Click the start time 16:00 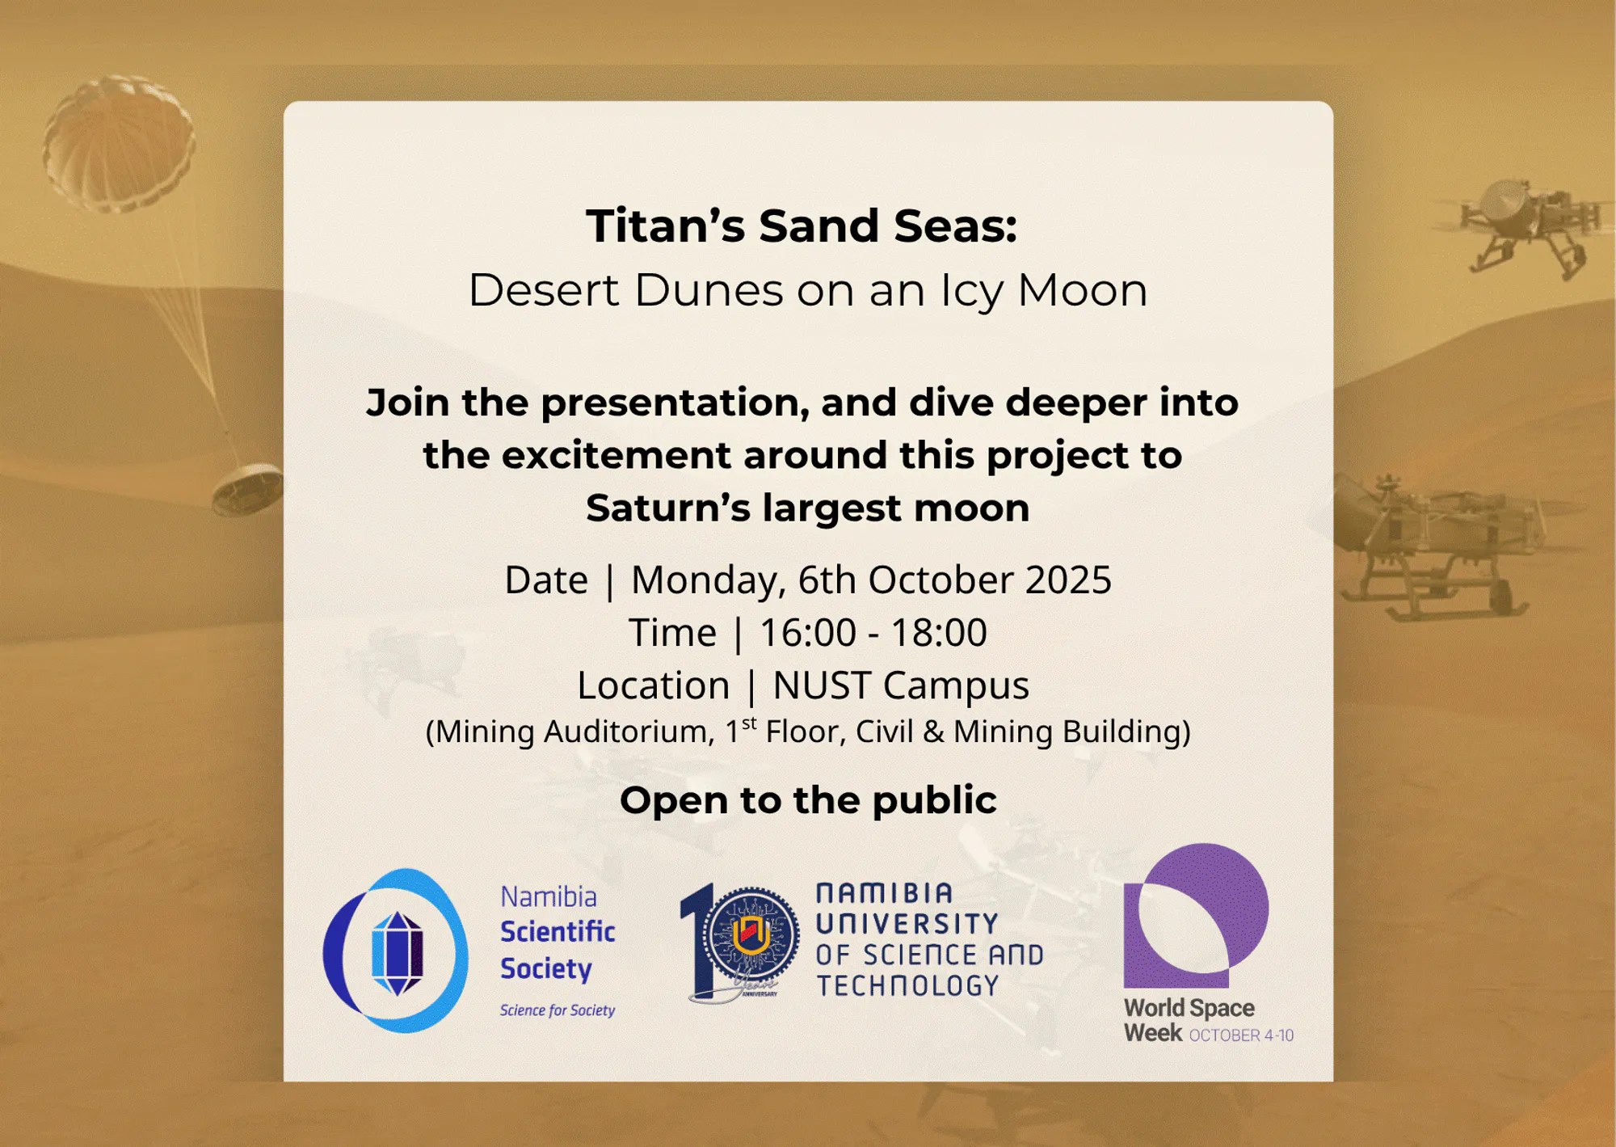point(807,632)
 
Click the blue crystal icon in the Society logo point(397,953)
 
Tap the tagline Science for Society point(558,1010)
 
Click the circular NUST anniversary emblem point(751,936)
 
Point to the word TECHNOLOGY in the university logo point(907,985)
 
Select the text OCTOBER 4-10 point(1241,1035)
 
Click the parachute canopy point(119,144)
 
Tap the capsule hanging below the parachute point(247,488)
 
